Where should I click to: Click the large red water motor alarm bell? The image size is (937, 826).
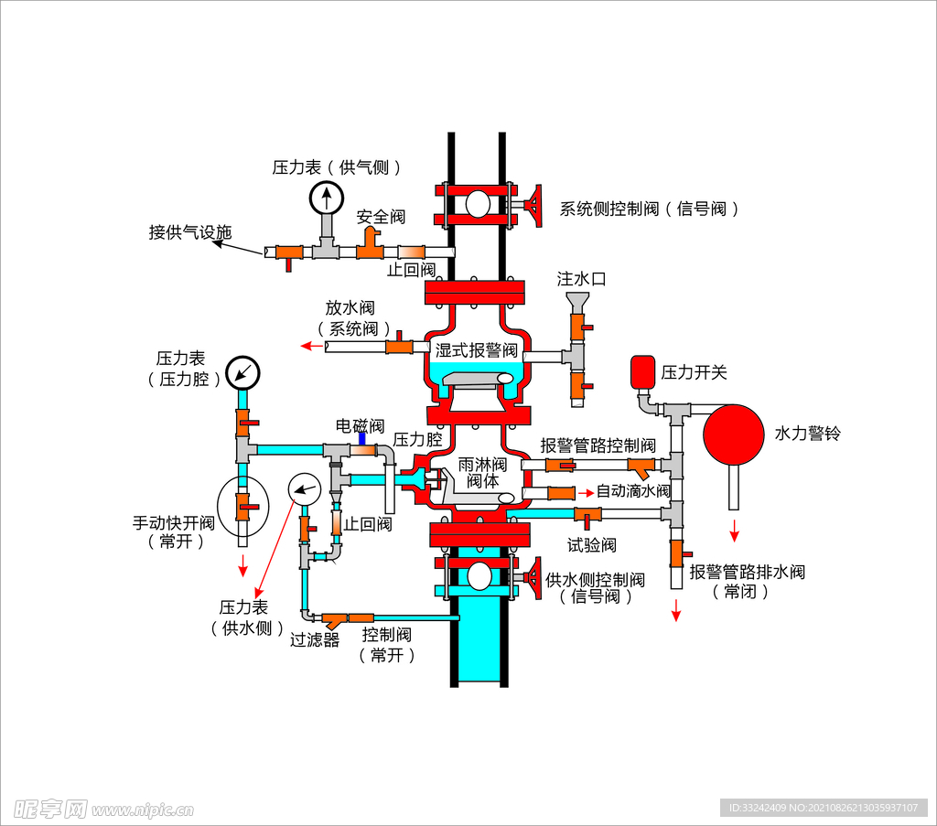click(x=733, y=432)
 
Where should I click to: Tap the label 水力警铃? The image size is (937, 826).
click(x=807, y=433)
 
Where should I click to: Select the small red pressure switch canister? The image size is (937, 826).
click(x=641, y=371)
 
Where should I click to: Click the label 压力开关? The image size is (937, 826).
click(x=695, y=372)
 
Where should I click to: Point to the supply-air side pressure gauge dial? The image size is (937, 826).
click(x=326, y=198)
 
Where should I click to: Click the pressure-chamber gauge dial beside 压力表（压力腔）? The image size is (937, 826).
click(x=243, y=371)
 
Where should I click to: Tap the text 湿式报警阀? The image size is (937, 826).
click(x=476, y=350)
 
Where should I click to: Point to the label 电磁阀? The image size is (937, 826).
click(x=359, y=425)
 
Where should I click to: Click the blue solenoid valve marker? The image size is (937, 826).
click(x=362, y=440)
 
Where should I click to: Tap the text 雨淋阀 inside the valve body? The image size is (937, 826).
click(x=482, y=465)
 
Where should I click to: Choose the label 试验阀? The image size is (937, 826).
click(x=591, y=545)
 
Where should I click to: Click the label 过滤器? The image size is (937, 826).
click(x=315, y=639)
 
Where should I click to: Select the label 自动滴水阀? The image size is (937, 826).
click(x=633, y=491)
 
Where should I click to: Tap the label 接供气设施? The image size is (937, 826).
click(x=190, y=232)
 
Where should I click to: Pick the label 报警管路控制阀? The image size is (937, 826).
click(x=598, y=445)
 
